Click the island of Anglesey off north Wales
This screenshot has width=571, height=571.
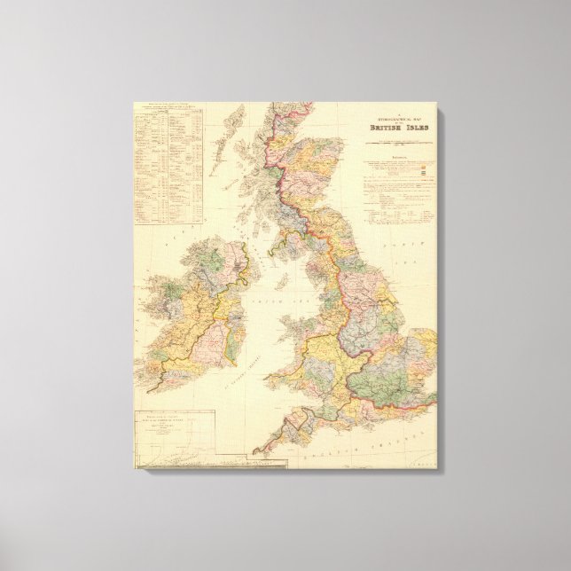282,325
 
